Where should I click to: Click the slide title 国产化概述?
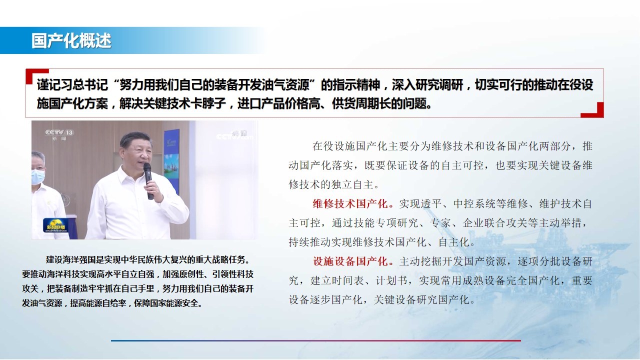click(x=71, y=40)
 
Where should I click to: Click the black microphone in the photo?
click(x=148, y=181)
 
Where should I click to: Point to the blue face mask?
click(x=37, y=177)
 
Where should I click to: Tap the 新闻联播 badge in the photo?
click(x=55, y=225)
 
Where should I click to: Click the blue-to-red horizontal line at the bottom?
click(x=315, y=340)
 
